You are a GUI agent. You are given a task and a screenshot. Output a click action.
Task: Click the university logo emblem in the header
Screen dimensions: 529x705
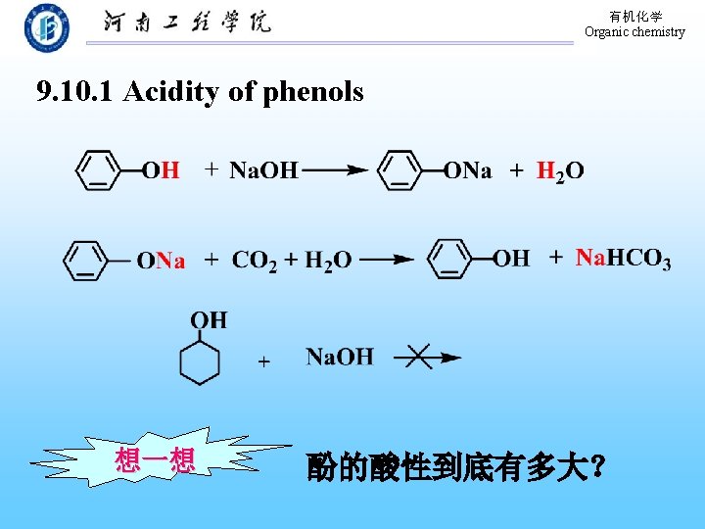47,27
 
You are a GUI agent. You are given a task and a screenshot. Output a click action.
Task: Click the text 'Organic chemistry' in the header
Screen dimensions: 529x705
634,32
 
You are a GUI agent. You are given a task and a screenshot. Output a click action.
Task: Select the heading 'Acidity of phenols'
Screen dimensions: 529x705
243,92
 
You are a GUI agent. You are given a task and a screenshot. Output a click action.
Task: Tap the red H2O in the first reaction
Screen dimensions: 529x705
560,170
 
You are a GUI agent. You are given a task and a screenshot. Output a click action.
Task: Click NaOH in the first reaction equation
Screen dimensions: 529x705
263,170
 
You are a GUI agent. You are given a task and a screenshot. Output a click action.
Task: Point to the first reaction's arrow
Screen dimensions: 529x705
335,170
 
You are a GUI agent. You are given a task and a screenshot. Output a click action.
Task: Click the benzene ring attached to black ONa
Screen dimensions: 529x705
399,170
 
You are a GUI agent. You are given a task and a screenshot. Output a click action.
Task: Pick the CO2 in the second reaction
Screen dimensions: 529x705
255,260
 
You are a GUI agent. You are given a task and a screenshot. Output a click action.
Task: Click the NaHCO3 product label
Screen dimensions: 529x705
623,259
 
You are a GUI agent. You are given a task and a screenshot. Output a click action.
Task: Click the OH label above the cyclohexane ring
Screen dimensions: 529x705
208,320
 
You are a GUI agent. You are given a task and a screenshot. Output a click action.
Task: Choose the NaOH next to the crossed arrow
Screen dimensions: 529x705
339,357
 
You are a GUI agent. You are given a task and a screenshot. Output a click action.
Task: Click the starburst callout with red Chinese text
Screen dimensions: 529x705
155,459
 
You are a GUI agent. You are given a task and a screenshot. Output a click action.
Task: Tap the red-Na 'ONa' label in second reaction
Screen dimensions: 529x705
161,261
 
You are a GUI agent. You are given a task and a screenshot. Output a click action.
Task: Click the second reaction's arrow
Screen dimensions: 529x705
388,260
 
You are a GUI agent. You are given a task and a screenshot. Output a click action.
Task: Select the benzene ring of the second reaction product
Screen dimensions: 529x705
450,259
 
